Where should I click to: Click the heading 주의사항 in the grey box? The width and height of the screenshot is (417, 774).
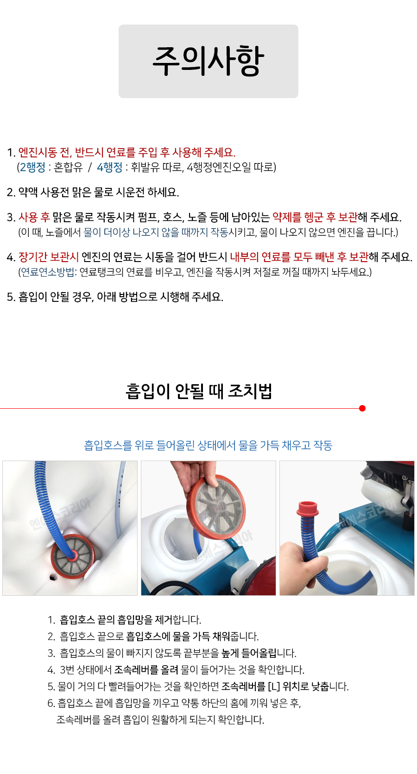pyautogui.click(x=208, y=61)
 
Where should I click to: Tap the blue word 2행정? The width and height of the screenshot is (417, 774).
pyautogui.click(x=32, y=167)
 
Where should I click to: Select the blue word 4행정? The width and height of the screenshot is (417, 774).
pyautogui.click(x=110, y=167)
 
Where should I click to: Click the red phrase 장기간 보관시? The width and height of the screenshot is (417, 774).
pyautogui.click(x=48, y=257)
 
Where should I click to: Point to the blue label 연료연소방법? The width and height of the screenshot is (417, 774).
pyautogui.click(x=47, y=272)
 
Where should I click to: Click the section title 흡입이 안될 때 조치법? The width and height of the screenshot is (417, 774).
pyautogui.click(x=199, y=391)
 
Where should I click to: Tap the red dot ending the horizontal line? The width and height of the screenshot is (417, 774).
pyautogui.click(x=362, y=408)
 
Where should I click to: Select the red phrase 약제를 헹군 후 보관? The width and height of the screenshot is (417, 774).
pyautogui.click(x=315, y=218)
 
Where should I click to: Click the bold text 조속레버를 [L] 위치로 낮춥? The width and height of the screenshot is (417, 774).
pyautogui.click(x=275, y=686)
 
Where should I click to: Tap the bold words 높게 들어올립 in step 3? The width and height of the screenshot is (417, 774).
pyautogui.click(x=249, y=653)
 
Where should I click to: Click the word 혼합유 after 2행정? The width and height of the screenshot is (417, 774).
pyautogui.click(x=69, y=167)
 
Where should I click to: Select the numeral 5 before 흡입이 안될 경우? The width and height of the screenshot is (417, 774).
pyautogui.click(x=10, y=297)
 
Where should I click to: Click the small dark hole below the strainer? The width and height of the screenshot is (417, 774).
pyautogui.click(x=52, y=577)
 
